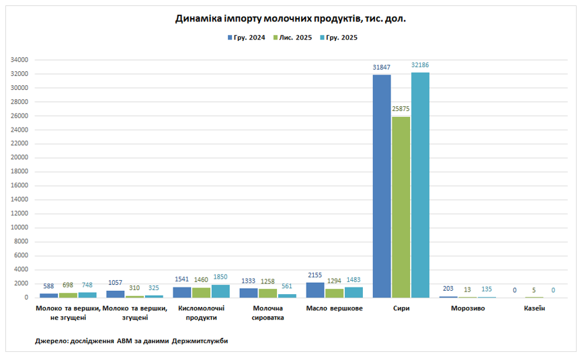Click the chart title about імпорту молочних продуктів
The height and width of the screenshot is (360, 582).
pyautogui.click(x=290, y=19)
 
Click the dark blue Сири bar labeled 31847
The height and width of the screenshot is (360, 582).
pyautogui.click(x=382, y=186)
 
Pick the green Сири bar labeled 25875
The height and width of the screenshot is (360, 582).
pyautogui.click(x=401, y=207)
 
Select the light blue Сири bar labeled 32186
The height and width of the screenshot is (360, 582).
pyautogui.click(x=420, y=185)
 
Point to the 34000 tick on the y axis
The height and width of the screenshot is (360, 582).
pyautogui.click(x=19, y=60)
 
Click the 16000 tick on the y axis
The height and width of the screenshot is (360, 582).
pyautogui.click(x=19, y=185)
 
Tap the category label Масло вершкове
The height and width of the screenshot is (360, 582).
pyautogui.click(x=334, y=308)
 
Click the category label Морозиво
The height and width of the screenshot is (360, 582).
pyautogui.click(x=468, y=308)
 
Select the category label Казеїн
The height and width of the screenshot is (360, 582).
pyautogui.click(x=534, y=308)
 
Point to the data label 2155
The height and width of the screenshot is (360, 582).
pyautogui.click(x=315, y=275)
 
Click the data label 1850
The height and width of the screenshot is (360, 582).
pyautogui.click(x=220, y=277)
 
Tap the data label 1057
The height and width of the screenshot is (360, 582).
pyautogui.click(x=115, y=283)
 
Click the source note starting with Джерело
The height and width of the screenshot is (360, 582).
pyautogui.click(x=131, y=341)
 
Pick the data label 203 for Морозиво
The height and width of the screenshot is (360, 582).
pyautogui.click(x=448, y=289)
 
